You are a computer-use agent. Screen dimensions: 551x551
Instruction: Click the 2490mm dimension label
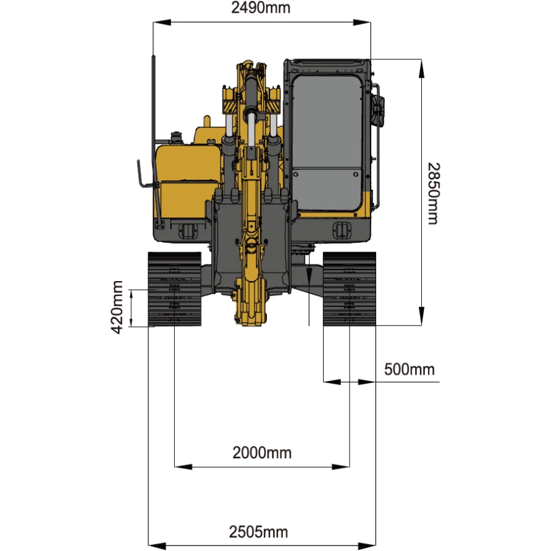click(x=261, y=8)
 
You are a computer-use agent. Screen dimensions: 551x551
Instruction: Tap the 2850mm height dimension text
click(x=433, y=193)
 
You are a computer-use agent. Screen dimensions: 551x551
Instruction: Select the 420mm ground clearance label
click(x=117, y=308)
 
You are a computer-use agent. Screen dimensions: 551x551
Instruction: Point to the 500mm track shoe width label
click(x=410, y=369)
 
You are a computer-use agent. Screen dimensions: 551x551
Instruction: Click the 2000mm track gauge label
click(x=262, y=453)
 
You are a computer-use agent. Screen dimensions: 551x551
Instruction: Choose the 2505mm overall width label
click(x=258, y=532)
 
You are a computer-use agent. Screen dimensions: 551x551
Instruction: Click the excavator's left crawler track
click(x=175, y=289)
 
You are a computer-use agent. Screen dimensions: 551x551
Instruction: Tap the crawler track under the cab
click(x=349, y=289)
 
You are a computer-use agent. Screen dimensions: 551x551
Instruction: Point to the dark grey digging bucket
click(x=251, y=246)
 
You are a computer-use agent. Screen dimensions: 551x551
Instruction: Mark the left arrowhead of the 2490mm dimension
click(x=162, y=22)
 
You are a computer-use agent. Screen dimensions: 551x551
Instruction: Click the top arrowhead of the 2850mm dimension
click(x=422, y=69)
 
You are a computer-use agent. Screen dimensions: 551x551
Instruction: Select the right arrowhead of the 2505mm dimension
click(x=367, y=545)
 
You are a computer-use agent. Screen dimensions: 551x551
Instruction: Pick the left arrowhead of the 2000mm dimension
click(x=183, y=466)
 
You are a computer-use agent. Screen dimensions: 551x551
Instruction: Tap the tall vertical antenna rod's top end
click(x=153, y=56)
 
